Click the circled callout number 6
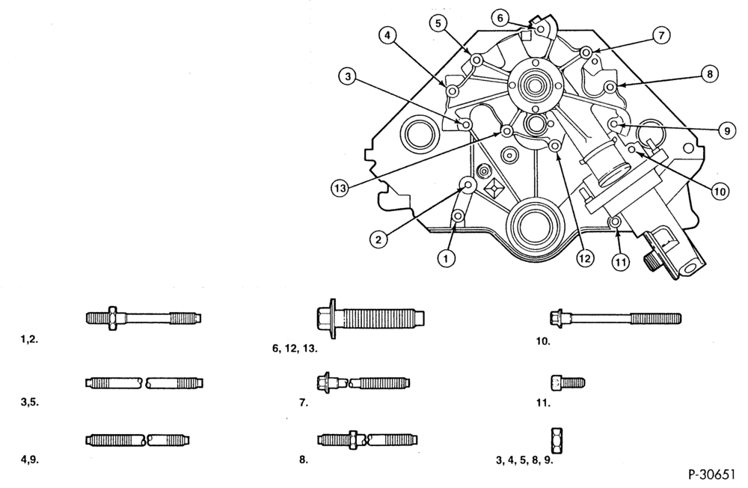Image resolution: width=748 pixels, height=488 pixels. (500, 19)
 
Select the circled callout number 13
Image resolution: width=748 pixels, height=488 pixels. (340, 189)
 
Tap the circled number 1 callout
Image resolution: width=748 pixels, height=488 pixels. (446, 259)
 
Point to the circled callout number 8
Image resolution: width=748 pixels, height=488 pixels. (710, 74)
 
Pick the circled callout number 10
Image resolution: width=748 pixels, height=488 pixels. (720, 192)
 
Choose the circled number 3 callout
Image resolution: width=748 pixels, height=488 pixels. (349, 76)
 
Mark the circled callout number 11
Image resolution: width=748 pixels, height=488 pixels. (620, 261)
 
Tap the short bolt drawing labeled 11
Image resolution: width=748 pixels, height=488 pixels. (568, 382)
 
